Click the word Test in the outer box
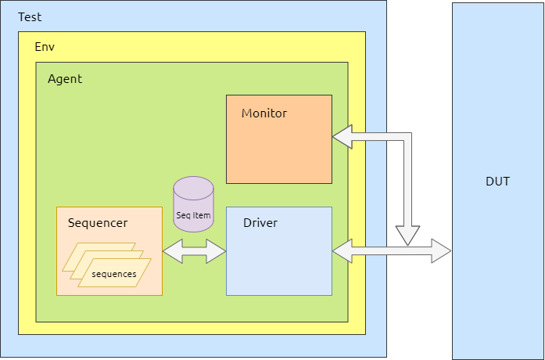[30, 16]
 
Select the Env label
[45, 47]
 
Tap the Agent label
[65, 79]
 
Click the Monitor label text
[264, 113]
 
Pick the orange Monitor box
[278, 153]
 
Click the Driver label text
[260, 223]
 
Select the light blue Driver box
[278, 262]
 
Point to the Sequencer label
[98, 223]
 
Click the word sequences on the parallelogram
[114, 274]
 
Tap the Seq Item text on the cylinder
[193, 215]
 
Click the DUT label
[497, 182]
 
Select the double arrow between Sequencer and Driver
[194, 251]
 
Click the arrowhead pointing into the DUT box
[442, 251]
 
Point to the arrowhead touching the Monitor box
[342, 137]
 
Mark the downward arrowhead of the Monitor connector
[407, 236]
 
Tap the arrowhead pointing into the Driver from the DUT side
[342, 251]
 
